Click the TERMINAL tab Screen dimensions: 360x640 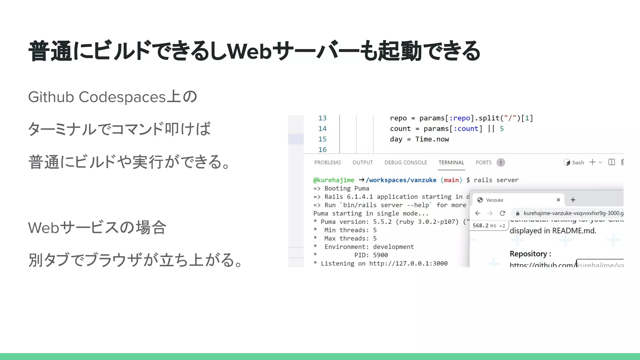(x=451, y=162)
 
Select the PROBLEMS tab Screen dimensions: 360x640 (x=327, y=162)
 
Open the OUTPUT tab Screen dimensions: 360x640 (x=362, y=162)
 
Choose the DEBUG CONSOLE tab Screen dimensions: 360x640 (x=406, y=162)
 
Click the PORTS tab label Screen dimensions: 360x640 (x=483, y=162)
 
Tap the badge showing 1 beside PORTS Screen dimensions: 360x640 (x=501, y=162)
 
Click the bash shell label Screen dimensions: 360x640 (x=578, y=162)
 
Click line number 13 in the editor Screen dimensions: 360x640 (x=322, y=118)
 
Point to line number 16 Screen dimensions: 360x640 (x=322, y=150)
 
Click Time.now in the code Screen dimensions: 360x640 (x=432, y=139)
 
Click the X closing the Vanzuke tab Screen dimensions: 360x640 (x=558, y=200)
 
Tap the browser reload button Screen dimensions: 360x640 (x=502, y=213)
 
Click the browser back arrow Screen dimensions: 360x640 (x=478, y=213)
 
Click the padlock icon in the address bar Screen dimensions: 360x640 (x=517, y=213)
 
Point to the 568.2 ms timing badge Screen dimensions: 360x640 (x=488, y=226)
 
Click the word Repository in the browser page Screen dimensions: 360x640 (x=528, y=254)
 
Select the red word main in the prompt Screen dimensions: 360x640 (x=451, y=180)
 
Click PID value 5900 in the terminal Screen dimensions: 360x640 (x=380, y=255)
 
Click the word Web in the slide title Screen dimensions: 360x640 (x=249, y=51)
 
